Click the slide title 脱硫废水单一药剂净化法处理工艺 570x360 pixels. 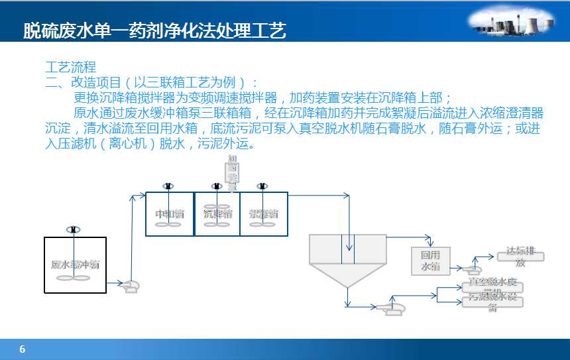coord(154,30)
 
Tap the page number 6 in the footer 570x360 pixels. coord(23,349)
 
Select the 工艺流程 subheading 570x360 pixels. coord(71,67)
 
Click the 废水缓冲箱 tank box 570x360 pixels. coord(75,264)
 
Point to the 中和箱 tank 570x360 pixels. coord(169,213)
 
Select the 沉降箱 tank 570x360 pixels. coord(217,213)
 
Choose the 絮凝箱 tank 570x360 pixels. coord(264,213)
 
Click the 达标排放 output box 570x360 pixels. coord(520,257)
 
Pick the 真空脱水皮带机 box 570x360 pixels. coord(492,287)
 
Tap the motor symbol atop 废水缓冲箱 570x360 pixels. coord(73,229)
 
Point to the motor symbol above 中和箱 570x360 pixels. coord(168,186)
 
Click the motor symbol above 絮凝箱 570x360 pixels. coord(262,186)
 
